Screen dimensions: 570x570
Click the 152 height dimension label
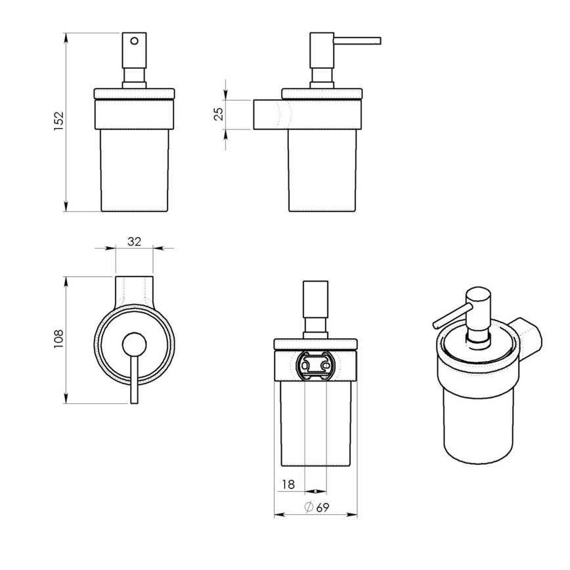[x=58, y=121]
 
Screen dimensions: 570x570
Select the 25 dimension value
[x=219, y=114]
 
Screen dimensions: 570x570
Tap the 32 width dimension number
[x=134, y=241]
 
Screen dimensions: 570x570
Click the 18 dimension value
[x=288, y=485]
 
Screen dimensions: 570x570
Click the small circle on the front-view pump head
[x=134, y=41]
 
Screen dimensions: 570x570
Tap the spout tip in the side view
[x=378, y=41]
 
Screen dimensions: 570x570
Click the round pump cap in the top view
[x=134, y=343]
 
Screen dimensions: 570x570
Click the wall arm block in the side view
[x=267, y=114]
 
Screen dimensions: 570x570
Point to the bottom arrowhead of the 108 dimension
[x=66, y=400]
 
